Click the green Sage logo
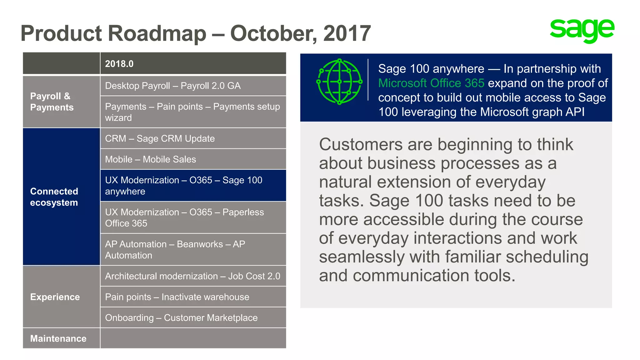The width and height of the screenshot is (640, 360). click(582, 30)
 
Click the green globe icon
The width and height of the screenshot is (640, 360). click(339, 82)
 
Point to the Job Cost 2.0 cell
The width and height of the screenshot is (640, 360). click(193, 276)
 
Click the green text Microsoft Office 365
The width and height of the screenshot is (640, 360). click(431, 83)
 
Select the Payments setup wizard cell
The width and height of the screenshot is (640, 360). click(193, 112)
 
